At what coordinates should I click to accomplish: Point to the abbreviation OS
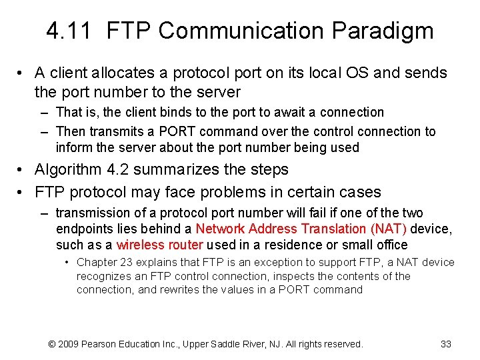point(355,73)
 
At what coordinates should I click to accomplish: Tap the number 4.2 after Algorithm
point(120,170)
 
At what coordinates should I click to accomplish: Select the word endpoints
point(83,229)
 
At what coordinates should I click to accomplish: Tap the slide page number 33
point(446,344)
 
